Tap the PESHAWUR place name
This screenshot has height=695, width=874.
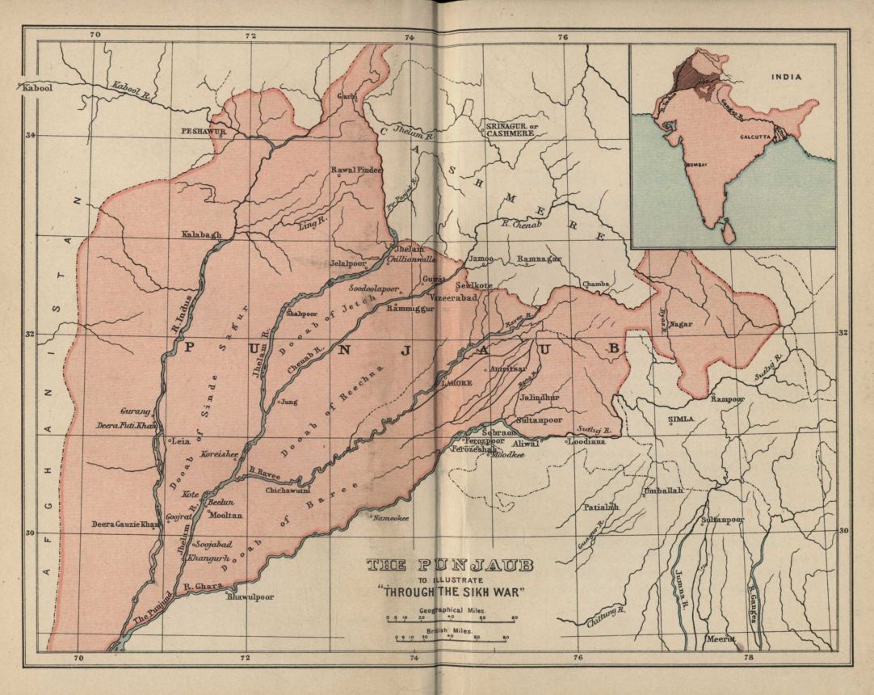pyautogui.click(x=201, y=129)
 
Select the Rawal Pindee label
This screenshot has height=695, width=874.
pyautogui.click(x=356, y=171)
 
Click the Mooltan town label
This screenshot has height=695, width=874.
pyautogui.click(x=226, y=514)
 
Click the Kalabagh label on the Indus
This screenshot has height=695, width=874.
pyautogui.click(x=201, y=234)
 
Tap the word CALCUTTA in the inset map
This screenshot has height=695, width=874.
pyautogui.click(x=757, y=138)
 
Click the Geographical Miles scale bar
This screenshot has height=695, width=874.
pyautogui.click(x=451, y=619)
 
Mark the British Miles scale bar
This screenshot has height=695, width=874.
pyautogui.click(x=451, y=638)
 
